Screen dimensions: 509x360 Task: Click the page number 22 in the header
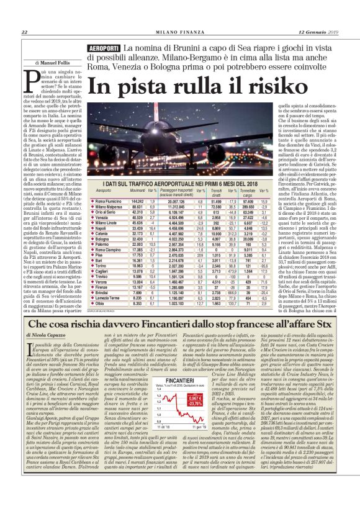click(x=24, y=33)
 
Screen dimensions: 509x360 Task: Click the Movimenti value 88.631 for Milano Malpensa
click(x=138, y=207)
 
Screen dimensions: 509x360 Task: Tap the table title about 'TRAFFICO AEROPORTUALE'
click(x=176, y=184)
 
